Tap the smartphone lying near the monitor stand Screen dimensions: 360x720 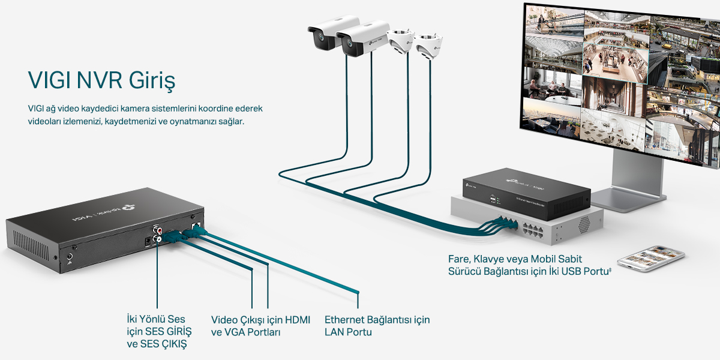pyautogui.click(x=643, y=257)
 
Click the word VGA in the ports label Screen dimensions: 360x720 pyautogui.click(x=235, y=332)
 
